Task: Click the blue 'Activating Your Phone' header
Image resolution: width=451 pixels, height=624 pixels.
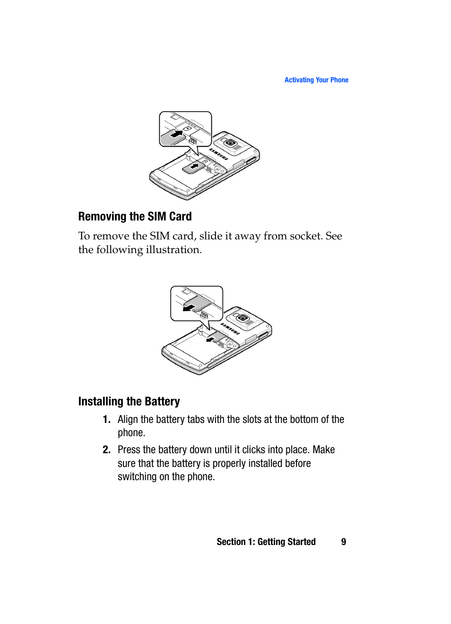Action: pyautogui.click(x=316, y=80)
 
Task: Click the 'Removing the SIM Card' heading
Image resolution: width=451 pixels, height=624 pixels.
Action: pyautogui.click(x=135, y=217)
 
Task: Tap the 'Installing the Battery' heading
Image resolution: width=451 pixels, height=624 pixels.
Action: pyautogui.click(x=129, y=402)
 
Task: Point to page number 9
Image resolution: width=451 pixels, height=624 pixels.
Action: pyautogui.click(x=344, y=542)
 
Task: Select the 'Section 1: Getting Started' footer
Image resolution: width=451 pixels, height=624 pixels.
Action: pyautogui.click(x=266, y=542)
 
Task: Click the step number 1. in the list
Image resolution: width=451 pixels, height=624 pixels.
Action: pyautogui.click(x=106, y=420)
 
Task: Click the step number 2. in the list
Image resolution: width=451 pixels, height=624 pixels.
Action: pyautogui.click(x=106, y=450)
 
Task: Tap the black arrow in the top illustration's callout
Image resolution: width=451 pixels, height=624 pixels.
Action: pyautogui.click(x=176, y=134)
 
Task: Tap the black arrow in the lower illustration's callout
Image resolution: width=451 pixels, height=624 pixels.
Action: pyautogui.click(x=189, y=308)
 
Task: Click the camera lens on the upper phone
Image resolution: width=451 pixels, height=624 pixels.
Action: pyautogui.click(x=231, y=143)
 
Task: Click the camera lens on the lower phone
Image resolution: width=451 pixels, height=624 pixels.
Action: pyautogui.click(x=243, y=318)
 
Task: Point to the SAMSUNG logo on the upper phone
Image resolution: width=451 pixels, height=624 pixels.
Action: pyautogui.click(x=218, y=154)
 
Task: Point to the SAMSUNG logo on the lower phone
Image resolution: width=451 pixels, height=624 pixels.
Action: pyautogui.click(x=230, y=329)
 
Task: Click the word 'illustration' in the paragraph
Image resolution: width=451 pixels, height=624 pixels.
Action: pyautogui.click(x=173, y=250)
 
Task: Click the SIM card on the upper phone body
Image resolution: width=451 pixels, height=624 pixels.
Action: pyautogui.click(x=193, y=167)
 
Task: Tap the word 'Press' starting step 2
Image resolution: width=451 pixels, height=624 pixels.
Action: pyautogui.click(x=129, y=450)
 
